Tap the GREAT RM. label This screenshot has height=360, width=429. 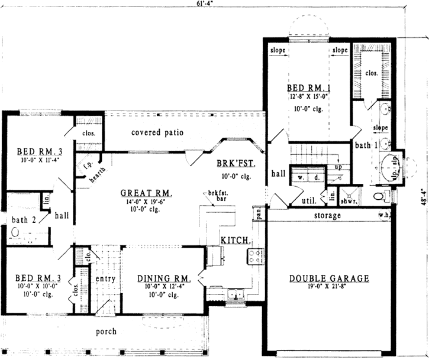pyautogui.click(x=146, y=193)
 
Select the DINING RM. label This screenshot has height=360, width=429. pyautogui.click(x=163, y=278)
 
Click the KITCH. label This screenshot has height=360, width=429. pyautogui.click(x=236, y=241)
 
